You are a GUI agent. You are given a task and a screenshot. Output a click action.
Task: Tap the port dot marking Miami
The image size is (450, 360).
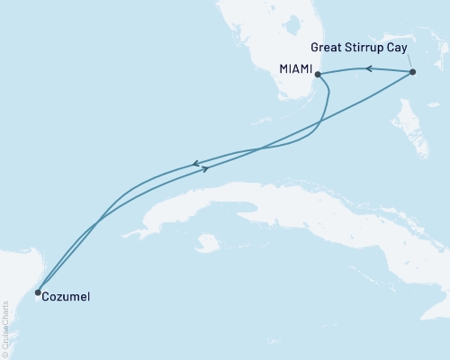(x=318, y=75)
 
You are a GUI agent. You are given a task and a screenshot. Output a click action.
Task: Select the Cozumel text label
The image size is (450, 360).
(x=66, y=295)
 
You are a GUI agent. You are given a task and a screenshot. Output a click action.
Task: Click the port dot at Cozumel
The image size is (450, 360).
(x=37, y=292)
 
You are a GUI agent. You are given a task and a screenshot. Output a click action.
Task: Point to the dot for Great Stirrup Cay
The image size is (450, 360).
(x=412, y=72)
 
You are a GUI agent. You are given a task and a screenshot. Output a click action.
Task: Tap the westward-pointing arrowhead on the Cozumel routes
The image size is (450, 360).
(x=194, y=164)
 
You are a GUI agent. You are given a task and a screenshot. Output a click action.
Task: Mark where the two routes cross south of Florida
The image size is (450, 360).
(x=259, y=148)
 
